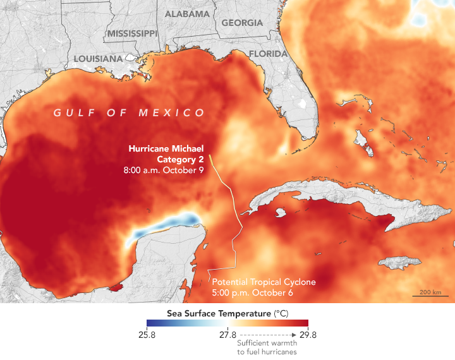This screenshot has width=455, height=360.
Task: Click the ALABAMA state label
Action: [x=187, y=14]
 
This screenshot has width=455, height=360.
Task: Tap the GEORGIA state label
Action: [x=242, y=23]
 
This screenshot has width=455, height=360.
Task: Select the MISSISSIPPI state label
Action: [x=132, y=33]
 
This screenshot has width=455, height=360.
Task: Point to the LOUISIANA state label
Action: [x=98, y=59]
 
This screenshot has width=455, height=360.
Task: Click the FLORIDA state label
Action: [x=269, y=54]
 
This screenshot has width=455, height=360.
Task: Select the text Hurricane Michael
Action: [x=166, y=148]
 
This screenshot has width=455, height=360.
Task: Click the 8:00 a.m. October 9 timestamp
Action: [x=164, y=171]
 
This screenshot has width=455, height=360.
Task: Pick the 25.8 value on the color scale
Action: [x=155, y=335]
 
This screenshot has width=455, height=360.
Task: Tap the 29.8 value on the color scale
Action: [x=300, y=335]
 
